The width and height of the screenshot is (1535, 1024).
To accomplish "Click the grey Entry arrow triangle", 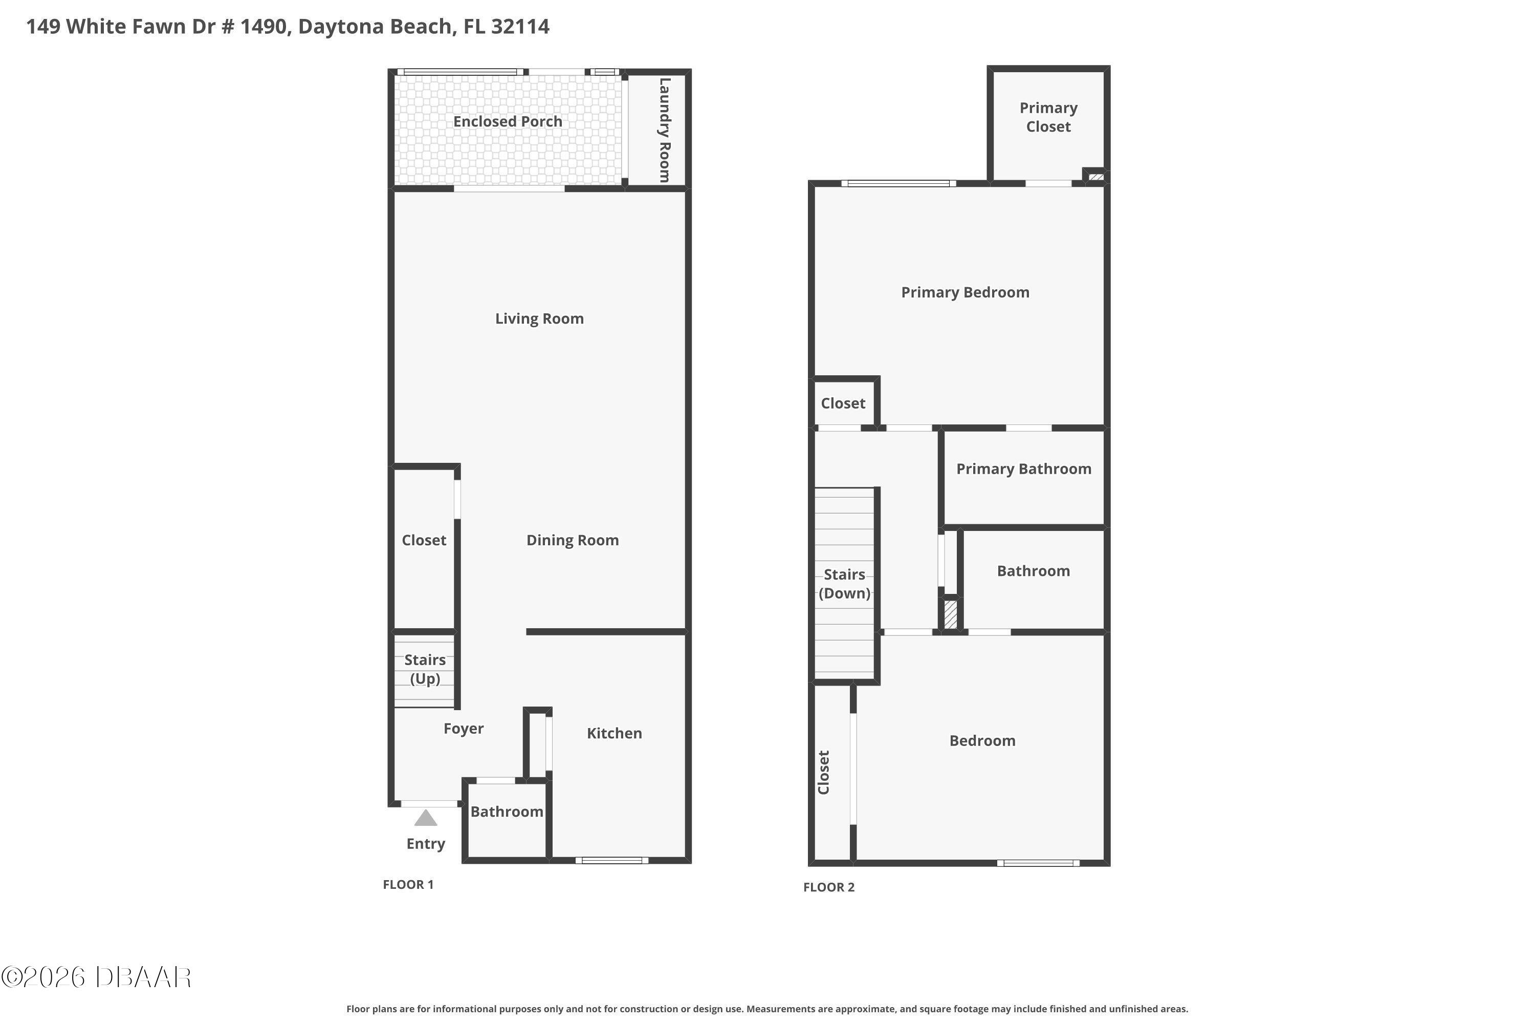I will tap(426, 818).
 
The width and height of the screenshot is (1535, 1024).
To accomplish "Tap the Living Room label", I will tap(539, 318).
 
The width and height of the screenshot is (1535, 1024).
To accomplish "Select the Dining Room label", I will tap(573, 540).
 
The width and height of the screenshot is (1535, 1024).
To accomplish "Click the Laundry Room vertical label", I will tap(664, 130).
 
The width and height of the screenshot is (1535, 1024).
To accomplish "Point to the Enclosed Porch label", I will tap(508, 121).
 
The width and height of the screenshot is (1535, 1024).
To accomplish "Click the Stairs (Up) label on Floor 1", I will tap(425, 669).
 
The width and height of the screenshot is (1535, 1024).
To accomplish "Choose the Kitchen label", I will tap(614, 733).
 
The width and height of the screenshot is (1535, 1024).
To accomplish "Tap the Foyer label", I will tap(464, 729).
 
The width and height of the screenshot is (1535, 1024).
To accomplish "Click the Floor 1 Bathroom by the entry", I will tap(507, 812).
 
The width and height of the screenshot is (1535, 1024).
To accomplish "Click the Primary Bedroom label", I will tap(965, 292).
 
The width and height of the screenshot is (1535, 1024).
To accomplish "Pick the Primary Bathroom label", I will tap(1023, 469).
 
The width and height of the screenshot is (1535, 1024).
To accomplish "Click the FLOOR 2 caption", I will tap(828, 887).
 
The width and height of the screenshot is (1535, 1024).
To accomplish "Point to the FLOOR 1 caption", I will tap(408, 884).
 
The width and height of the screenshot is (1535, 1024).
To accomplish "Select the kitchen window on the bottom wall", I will tap(611, 860).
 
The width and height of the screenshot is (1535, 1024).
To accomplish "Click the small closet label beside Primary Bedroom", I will tap(843, 403).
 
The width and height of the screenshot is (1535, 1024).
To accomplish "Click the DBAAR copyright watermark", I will tap(96, 977).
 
